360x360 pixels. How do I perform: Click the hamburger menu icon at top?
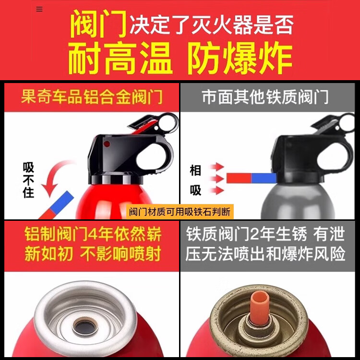coord(39,9)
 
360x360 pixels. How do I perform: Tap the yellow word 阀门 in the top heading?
coord(99,24)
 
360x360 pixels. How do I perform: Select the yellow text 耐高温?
coord(120,58)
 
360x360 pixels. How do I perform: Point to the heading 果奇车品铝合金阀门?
coord(92,97)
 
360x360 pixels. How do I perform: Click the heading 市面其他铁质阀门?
coord(265,97)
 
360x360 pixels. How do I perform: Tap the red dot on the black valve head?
coord(107,144)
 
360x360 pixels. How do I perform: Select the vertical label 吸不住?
coord(28,180)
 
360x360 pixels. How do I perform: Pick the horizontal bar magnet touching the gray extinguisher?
coord(251,178)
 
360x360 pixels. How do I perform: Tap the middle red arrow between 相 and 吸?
coord(217,178)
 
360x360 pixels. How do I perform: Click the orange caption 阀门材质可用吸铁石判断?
coord(180,212)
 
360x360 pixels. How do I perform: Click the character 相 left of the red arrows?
coord(195,170)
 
